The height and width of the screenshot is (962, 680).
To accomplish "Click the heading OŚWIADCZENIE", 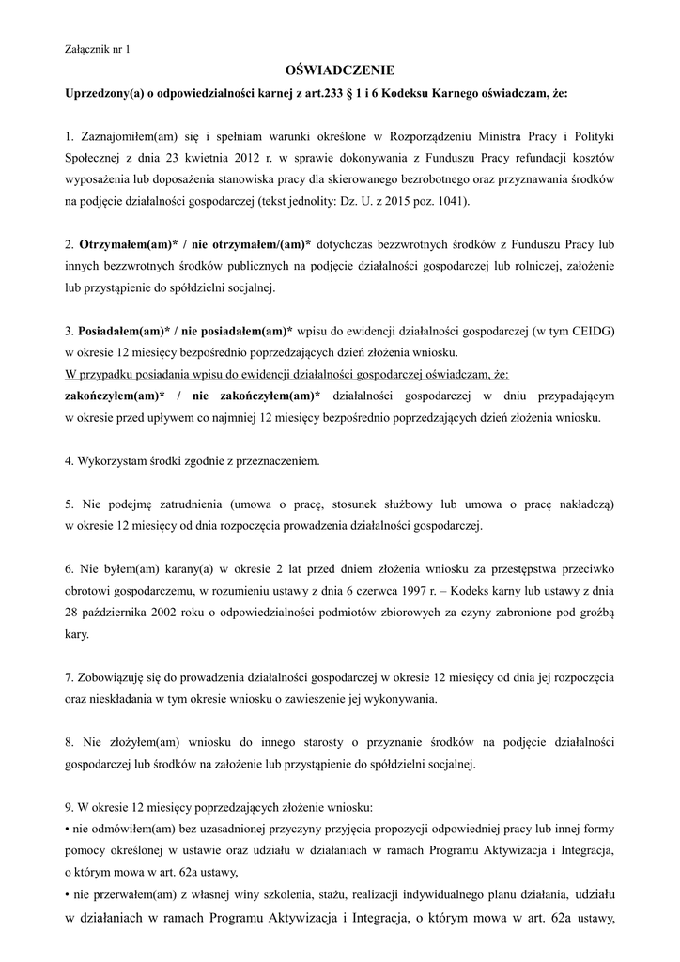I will coord(339,70).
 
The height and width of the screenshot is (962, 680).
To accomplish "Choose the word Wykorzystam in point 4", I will coord(109,461).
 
